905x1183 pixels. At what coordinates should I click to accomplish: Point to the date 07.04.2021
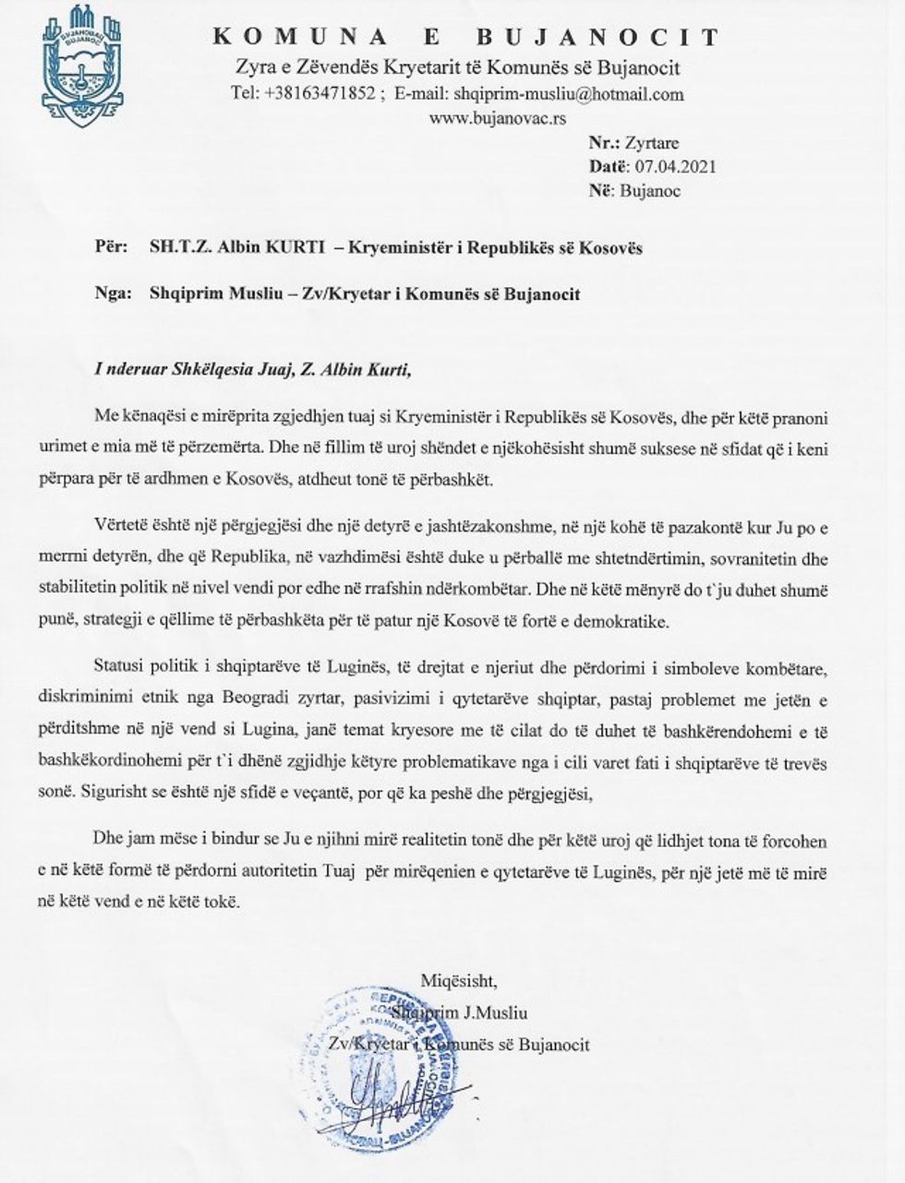(677, 167)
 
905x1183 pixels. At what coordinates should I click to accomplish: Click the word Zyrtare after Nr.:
(652, 144)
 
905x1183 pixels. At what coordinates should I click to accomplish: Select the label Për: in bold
(108, 248)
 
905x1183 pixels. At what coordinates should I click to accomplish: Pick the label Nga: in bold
(110, 293)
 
